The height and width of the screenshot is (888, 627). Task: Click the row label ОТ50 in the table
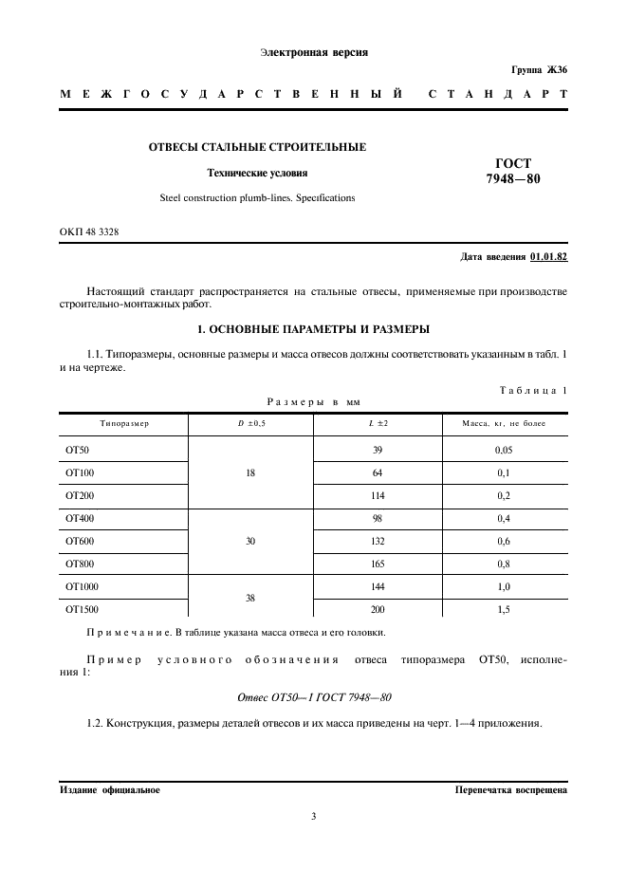click(x=77, y=450)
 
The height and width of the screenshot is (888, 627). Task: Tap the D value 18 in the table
click(x=250, y=472)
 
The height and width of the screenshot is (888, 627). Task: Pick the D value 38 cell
click(x=250, y=599)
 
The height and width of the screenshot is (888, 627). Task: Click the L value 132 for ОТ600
click(x=378, y=541)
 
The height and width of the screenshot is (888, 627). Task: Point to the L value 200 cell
click(x=378, y=610)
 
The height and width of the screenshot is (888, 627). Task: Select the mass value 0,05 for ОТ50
click(x=503, y=450)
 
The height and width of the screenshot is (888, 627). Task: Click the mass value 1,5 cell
click(x=503, y=610)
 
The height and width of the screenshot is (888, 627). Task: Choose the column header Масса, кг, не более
click(x=503, y=423)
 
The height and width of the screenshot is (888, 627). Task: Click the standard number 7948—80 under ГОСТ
click(x=513, y=177)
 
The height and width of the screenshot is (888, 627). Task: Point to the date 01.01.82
click(x=549, y=256)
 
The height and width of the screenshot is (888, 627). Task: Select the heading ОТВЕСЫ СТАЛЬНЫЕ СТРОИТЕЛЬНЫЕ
click(x=257, y=147)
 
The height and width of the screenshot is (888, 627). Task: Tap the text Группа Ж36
click(x=539, y=71)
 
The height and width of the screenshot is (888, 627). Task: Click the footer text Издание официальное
click(x=109, y=789)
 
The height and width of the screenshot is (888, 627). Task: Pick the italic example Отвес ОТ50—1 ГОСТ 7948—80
click(x=314, y=697)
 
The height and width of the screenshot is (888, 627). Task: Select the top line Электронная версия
click(x=313, y=52)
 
